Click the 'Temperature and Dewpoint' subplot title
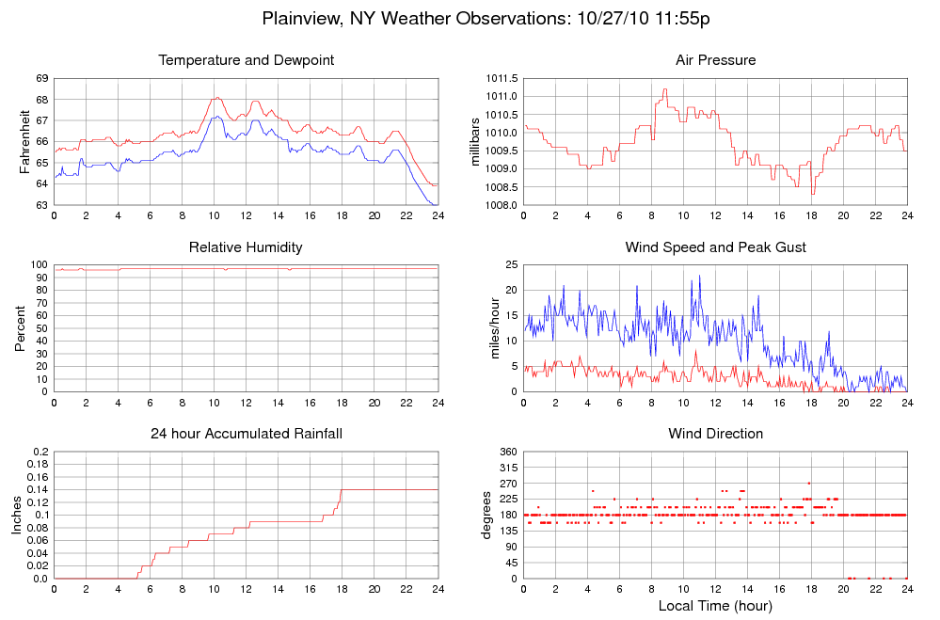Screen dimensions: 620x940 pos(247,60)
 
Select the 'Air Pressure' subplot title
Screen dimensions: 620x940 pos(715,60)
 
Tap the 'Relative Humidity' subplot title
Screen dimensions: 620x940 pos(247,247)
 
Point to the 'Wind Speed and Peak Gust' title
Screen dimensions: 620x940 pos(715,247)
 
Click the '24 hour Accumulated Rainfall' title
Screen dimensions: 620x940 pos(247,434)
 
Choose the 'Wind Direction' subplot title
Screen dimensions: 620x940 pos(715,434)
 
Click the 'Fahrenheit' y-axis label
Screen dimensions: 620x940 pos(25,142)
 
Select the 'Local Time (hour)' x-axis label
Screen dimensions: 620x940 pos(715,605)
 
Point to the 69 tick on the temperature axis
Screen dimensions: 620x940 pos(42,78)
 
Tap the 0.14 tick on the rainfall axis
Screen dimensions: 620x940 pos(39,490)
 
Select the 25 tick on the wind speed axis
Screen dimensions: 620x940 pos(511,265)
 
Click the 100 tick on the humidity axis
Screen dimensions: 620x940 pos(39,265)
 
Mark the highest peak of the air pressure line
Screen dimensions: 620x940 pos(664,90)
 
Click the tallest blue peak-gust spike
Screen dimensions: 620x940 pos(699,276)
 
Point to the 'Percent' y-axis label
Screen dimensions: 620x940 pos(20,328)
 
